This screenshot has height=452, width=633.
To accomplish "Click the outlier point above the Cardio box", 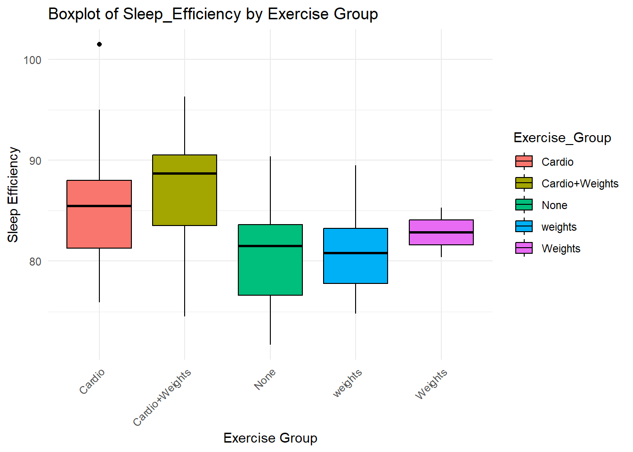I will (x=99, y=44).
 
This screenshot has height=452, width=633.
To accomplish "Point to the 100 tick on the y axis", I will (x=32, y=60).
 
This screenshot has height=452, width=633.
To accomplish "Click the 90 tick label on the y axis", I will (x=35, y=161).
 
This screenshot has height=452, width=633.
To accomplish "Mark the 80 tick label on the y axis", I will (x=35, y=261).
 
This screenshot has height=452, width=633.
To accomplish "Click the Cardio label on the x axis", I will (x=92, y=381).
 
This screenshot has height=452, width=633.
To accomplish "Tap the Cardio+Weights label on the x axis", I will (x=162, y=397).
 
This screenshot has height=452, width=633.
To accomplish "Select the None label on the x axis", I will (x=265, y=379).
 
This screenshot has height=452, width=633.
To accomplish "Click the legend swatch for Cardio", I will (x=524, y=161).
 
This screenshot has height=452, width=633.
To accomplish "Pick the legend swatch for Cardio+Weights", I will (x=524, y=183).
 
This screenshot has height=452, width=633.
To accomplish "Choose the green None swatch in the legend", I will (x=524, y=205).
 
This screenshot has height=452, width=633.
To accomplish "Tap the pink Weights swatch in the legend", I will (x=524, y=248).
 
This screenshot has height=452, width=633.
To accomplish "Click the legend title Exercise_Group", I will (x=562, y=137).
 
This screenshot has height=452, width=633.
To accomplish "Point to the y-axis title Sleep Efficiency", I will (x=13, y=195).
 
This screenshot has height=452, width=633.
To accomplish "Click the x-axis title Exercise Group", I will (x=270, y=438).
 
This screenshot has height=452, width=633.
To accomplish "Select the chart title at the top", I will (x=213, y=14).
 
